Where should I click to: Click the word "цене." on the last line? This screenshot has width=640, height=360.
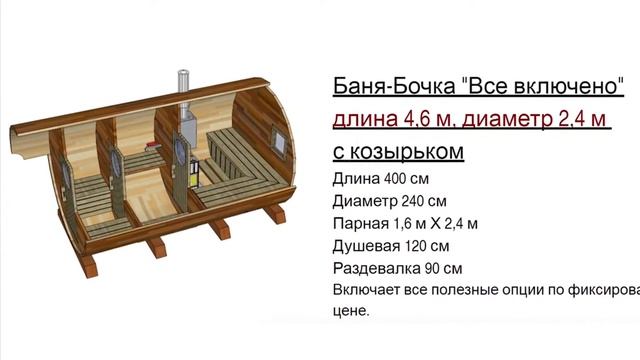tap(350, 311)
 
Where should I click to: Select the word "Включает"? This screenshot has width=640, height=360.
tap(363, 290)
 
